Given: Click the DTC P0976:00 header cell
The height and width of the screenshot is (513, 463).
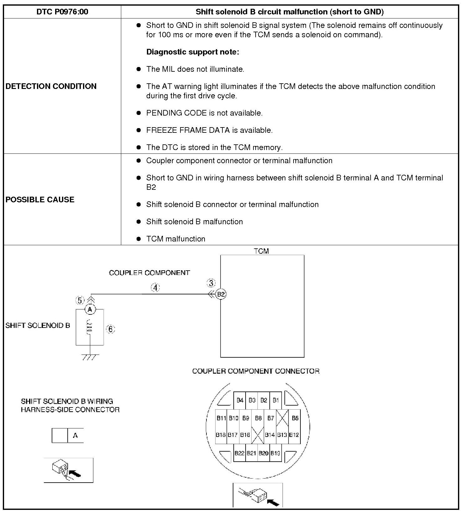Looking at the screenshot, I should click(x=62, y=12).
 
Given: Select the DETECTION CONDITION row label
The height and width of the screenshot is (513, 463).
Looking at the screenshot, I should click(x=51, y=86).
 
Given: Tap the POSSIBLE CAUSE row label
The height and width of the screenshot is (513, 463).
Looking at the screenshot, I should click(x=40, y=199).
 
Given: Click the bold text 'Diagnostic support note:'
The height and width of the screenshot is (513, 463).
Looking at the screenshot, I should click(x=193, y=52).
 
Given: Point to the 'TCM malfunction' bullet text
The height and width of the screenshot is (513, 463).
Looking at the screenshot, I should click(x=176, y=239).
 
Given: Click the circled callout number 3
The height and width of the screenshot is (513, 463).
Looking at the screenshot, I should click(x=211, y=283).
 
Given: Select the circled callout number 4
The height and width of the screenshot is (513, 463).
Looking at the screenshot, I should click(x=155, y=288).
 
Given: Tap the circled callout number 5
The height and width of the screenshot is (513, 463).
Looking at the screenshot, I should click(x=80, y=301).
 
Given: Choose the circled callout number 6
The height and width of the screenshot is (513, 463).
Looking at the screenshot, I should click(x=111, y=329).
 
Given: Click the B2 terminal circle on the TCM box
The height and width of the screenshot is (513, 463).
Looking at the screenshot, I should click(x=221, y=294).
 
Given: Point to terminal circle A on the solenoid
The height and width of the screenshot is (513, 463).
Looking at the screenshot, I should click(x=90, y=309).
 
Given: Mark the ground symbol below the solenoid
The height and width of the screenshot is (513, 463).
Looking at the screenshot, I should click(x=90, y=356).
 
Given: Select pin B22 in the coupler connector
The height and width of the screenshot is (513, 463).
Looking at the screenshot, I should click(x=240, y=453).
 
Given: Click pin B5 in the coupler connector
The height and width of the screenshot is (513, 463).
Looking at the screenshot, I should click(x=295, y=418).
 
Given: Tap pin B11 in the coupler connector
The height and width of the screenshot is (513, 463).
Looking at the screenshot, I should click(x=221, y=418).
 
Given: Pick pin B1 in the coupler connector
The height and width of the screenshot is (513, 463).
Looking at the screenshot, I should click(x=276, y=400).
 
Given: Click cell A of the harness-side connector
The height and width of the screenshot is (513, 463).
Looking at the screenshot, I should click(x=75, y=435).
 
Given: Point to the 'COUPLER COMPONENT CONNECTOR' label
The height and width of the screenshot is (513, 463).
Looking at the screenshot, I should click(x=256, y=371).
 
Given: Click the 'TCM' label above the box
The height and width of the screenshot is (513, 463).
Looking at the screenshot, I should click(x=261, y=251).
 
